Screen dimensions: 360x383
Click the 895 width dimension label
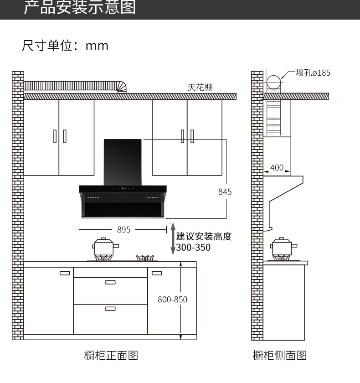click(x=124, y=230)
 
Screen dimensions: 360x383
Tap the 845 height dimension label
click(x=225, y=192)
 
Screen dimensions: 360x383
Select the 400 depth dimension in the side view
click(x=277, y=168)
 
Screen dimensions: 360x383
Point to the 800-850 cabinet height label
click(x=172, y=300)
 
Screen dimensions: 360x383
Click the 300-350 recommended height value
click(x=193, y=248)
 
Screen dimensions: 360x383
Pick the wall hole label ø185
click(x=313, y=72)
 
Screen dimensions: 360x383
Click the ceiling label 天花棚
click(x=200, y=87)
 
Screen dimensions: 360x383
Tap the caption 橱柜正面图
click(x=111, y=355)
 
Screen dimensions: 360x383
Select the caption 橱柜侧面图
click(x=279, y=355)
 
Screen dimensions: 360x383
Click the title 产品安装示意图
click(x=80, y=7)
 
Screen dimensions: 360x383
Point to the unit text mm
click(x=97, y=46)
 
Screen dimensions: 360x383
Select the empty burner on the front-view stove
click(x=145, y=258)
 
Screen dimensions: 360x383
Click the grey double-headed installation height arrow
click(x=173, y=238)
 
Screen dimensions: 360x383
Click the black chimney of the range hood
click(x=123, y=162)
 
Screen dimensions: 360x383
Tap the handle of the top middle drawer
click(x=110, y=282)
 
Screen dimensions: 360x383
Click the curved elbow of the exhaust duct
click(x=122, y=87)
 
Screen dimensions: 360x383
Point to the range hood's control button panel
click(x=123, y=188)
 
